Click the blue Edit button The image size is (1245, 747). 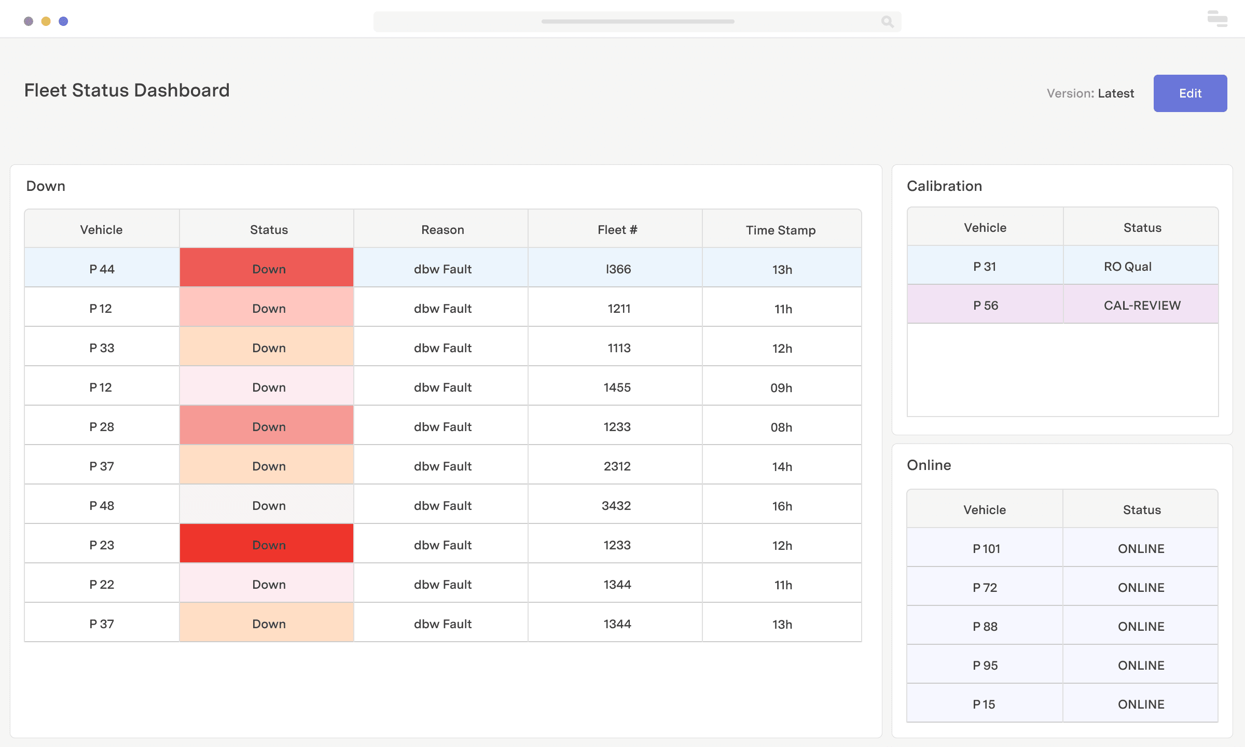click(x=1189, y=93)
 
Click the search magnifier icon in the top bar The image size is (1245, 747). click(x=887, y=22)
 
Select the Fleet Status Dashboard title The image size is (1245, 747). click(x=127, y=90)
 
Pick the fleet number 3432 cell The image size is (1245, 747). click(x=616, y=505)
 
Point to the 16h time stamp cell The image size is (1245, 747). click(x=782, y=505)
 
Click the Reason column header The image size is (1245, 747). click(x=442, y=229)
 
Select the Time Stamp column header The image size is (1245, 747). click(x=781, y=229)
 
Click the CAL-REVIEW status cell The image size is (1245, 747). click(x=1141, y=305)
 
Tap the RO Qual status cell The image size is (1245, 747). click(x=1127, y=266)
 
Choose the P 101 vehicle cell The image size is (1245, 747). click(x=985, y=548)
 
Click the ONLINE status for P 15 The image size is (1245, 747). click(x=1141, y=704)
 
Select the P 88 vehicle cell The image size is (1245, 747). click(x=985, y=626)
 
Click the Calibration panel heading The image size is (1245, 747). click(x=944, y=186)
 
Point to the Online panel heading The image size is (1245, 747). click(x=929, y=465)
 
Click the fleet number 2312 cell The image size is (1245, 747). click(x=617, y=466)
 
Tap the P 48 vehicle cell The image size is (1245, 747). click(x=102, y=505)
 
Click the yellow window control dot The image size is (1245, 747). click(x=46, y=21)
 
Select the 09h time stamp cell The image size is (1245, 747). click(x=781, y=387)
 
